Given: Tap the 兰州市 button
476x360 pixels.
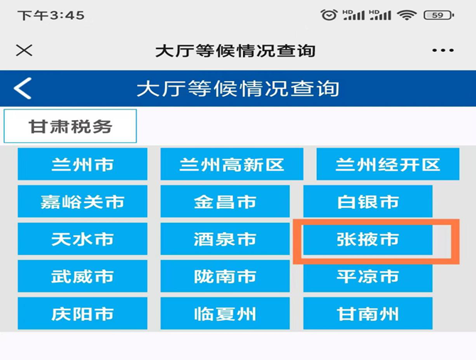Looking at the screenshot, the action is (82, 164).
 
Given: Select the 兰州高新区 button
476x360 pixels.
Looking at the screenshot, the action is (232, 164).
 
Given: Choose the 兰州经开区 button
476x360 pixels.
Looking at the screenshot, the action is (388, 164).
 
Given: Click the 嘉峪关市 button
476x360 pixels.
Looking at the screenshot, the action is (82, 202).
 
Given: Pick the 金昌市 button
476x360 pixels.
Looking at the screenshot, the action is (225, 202).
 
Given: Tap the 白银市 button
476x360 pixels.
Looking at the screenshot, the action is (368, 202).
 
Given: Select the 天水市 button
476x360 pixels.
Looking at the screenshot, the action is (82, 239).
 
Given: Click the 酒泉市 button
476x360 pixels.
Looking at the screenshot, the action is (225, 239).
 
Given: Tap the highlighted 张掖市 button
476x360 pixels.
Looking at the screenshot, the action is (368, 239).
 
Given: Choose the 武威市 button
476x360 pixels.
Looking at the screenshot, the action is (82, 276).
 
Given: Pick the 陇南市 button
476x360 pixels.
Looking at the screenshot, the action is (225, 276).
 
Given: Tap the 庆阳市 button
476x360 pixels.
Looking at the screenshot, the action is (82, 313).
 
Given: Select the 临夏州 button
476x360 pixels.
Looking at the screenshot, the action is (225, 313).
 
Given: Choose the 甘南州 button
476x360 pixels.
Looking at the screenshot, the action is (368, 313).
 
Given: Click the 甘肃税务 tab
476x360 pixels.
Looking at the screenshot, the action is (70, 126).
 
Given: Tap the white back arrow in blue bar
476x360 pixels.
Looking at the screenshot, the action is (23, 88).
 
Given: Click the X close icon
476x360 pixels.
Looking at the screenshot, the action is (24, 50).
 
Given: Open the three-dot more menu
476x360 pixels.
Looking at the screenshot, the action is (443, 50).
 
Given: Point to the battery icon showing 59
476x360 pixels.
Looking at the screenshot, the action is (438, 15).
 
